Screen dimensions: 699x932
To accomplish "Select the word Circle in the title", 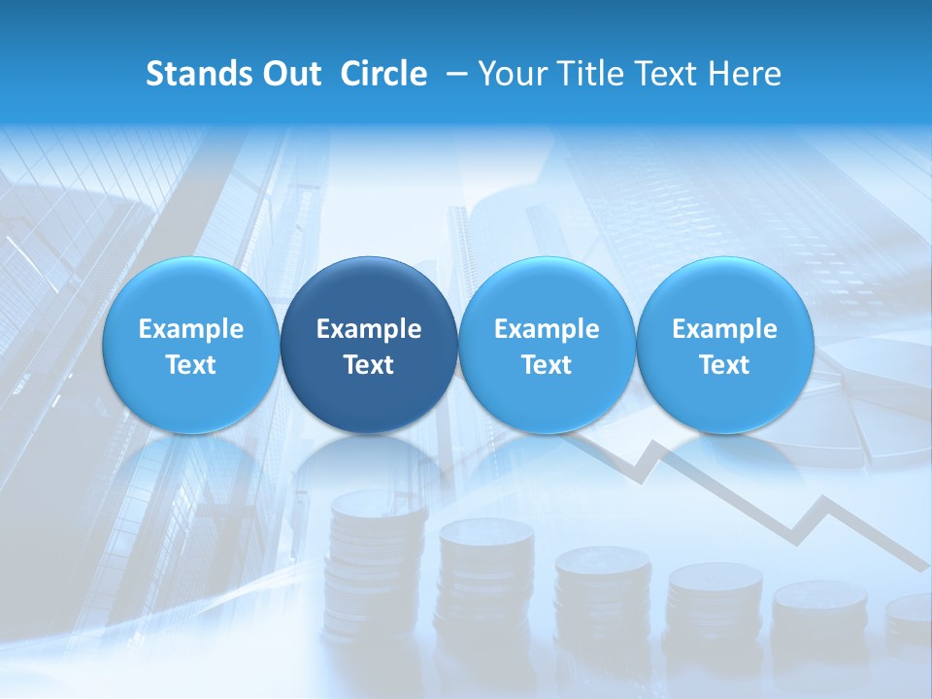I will [383, 74].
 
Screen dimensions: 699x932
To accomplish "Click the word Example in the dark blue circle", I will [369, 329].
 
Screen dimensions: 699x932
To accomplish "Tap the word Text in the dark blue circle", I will [369, 365].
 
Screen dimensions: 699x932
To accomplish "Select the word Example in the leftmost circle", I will [191, 329].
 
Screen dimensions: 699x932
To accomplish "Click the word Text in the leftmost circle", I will [191, 365].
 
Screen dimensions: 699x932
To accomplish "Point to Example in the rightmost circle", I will [725, 329].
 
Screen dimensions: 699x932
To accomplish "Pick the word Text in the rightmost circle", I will [725, 365].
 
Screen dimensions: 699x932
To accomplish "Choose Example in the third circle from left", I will [547, 329].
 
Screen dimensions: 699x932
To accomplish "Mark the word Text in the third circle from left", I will [547, 365].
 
